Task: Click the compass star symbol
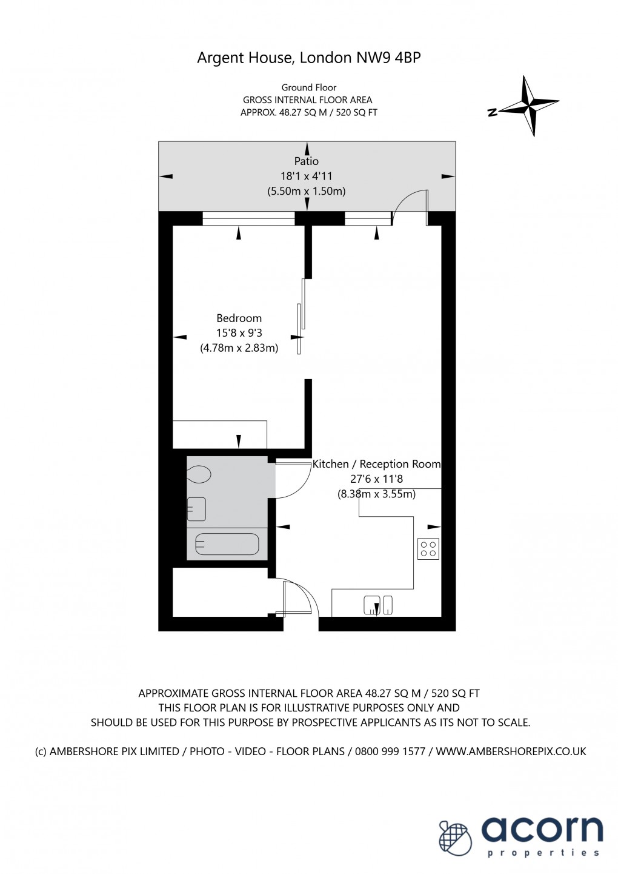tap(533, 106)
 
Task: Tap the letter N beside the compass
tap(493, 112)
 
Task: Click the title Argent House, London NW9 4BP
tap(308, 58)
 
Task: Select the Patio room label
tap(307, 161)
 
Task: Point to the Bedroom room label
tap(239, 318)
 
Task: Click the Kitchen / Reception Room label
tap(376, 464)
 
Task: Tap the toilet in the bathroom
tap(199, 474)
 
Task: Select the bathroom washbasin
tap(196, 509)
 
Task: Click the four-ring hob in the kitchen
tap(428, 549)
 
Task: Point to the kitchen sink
tap(378, 605)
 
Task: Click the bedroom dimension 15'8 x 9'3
tap(239, 333)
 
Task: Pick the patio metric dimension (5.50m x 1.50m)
tap(307, 191)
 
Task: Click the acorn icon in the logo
tap(454, 838)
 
